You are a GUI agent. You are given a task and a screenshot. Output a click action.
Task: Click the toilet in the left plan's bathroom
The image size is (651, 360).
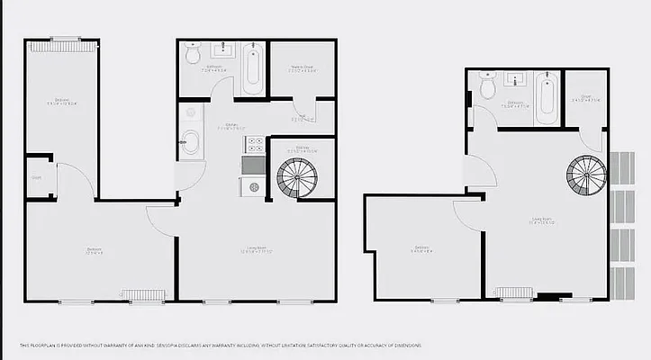pos(193,56)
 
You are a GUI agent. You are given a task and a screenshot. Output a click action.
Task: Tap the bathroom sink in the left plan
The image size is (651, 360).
pos(220,50)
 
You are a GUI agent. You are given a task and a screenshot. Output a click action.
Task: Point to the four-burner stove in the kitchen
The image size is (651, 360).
pos(254,143)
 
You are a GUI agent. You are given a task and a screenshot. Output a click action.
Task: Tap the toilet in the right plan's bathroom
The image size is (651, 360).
pos(488,86)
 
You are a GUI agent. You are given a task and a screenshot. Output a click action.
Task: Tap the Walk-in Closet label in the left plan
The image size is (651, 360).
pos(301,68)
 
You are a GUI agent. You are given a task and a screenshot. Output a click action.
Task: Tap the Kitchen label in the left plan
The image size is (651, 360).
pos(229,126)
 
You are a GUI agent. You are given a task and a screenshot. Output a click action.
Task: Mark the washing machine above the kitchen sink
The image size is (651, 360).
pos(189,114)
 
